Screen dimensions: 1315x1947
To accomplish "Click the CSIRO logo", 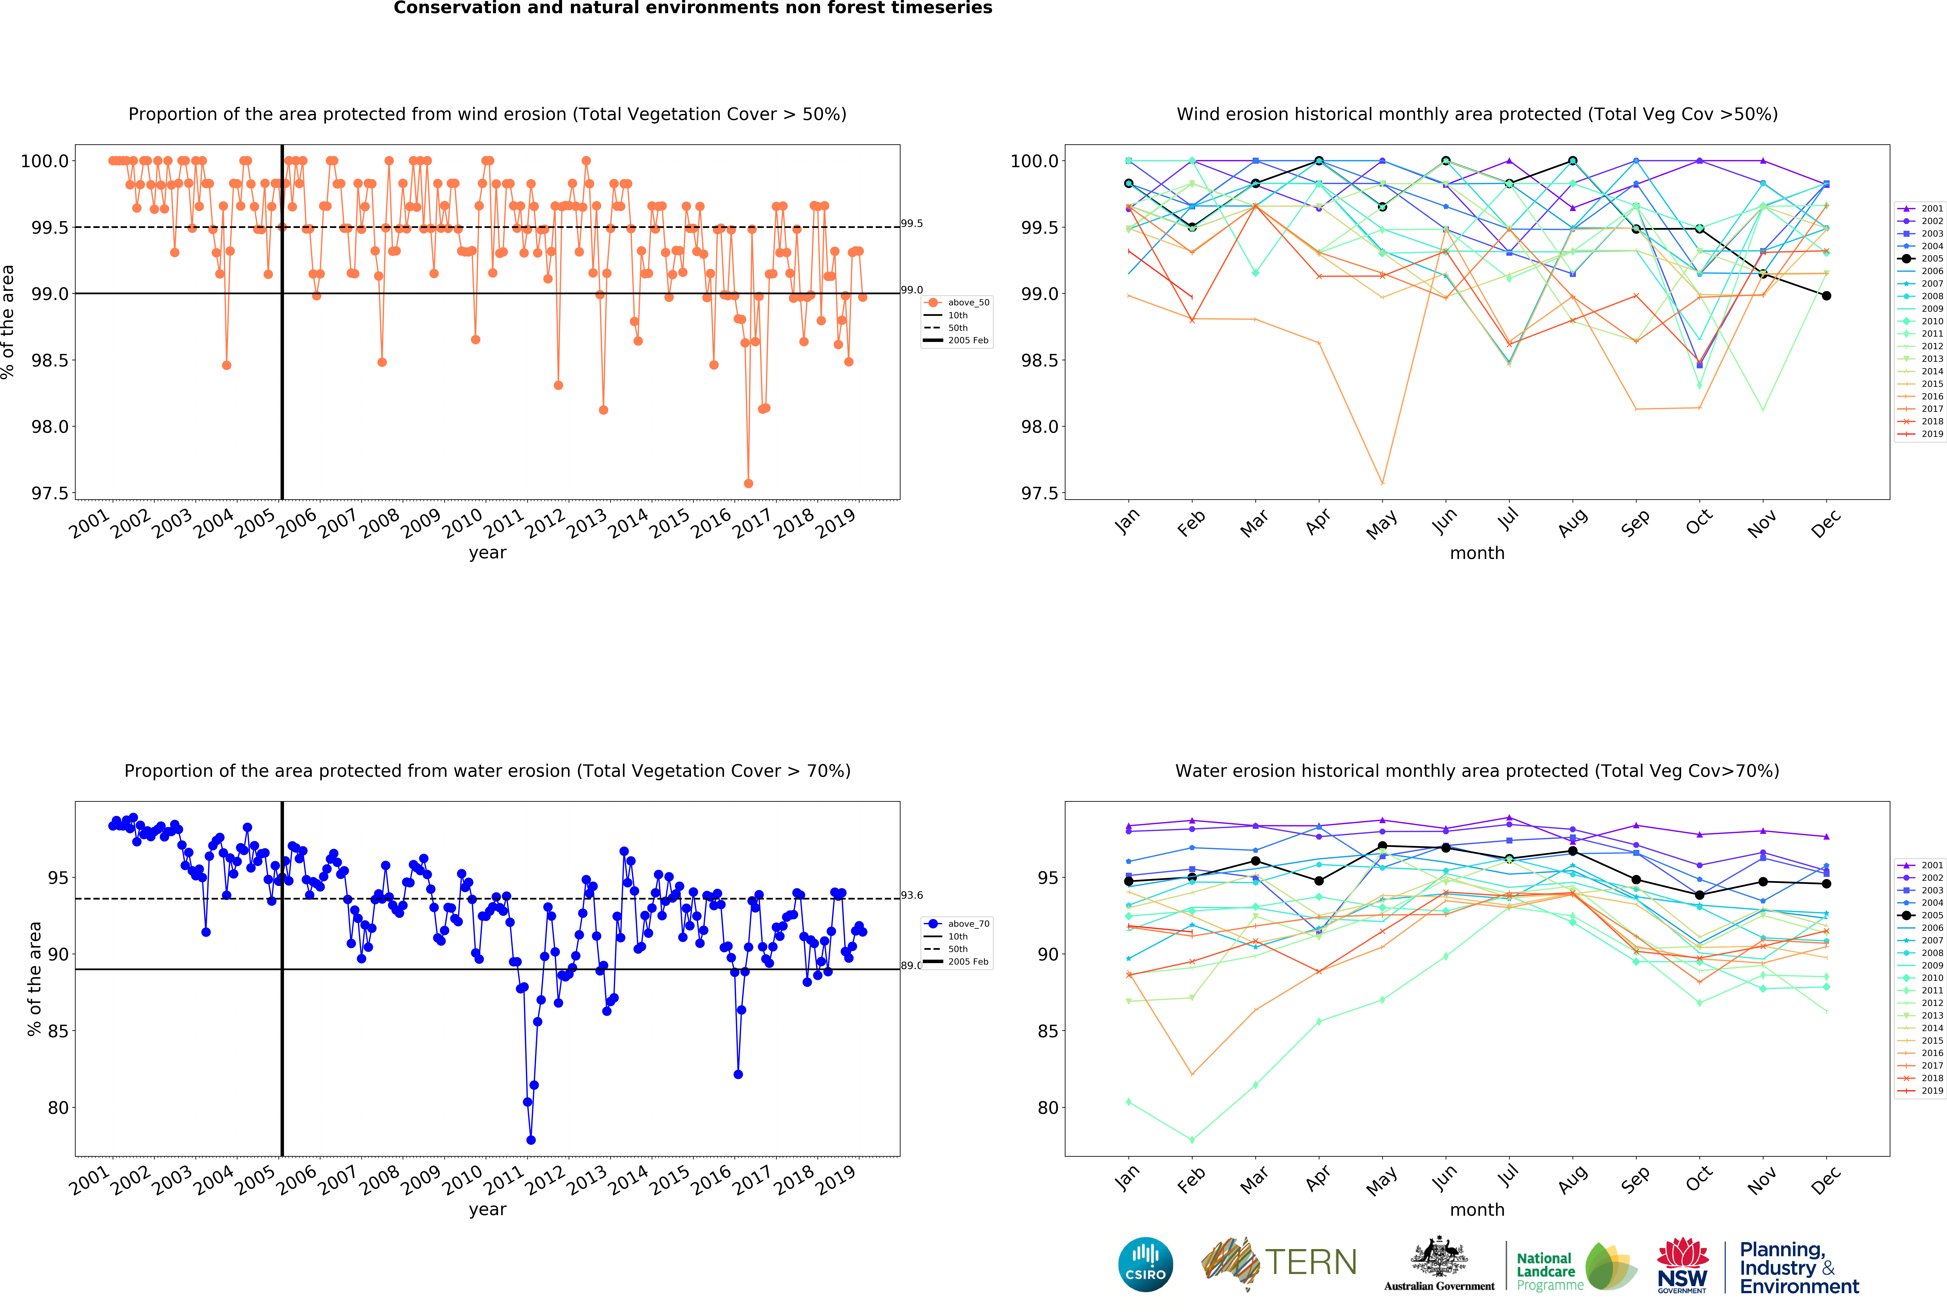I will pos(1145,1264).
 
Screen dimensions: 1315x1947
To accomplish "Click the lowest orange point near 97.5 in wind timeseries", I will pos(748,483).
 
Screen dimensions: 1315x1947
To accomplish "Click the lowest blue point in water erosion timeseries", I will pos(530,1140).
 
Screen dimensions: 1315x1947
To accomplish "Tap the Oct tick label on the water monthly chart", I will pos(1698,1181).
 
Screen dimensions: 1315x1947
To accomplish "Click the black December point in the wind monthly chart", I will pos(1826,296).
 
